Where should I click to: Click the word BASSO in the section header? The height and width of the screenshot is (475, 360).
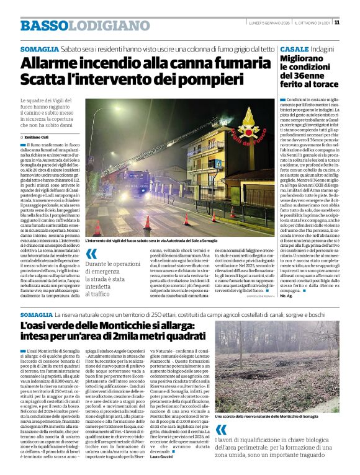pos(43,25)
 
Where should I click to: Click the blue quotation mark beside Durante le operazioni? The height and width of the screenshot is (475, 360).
pos(92,253)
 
